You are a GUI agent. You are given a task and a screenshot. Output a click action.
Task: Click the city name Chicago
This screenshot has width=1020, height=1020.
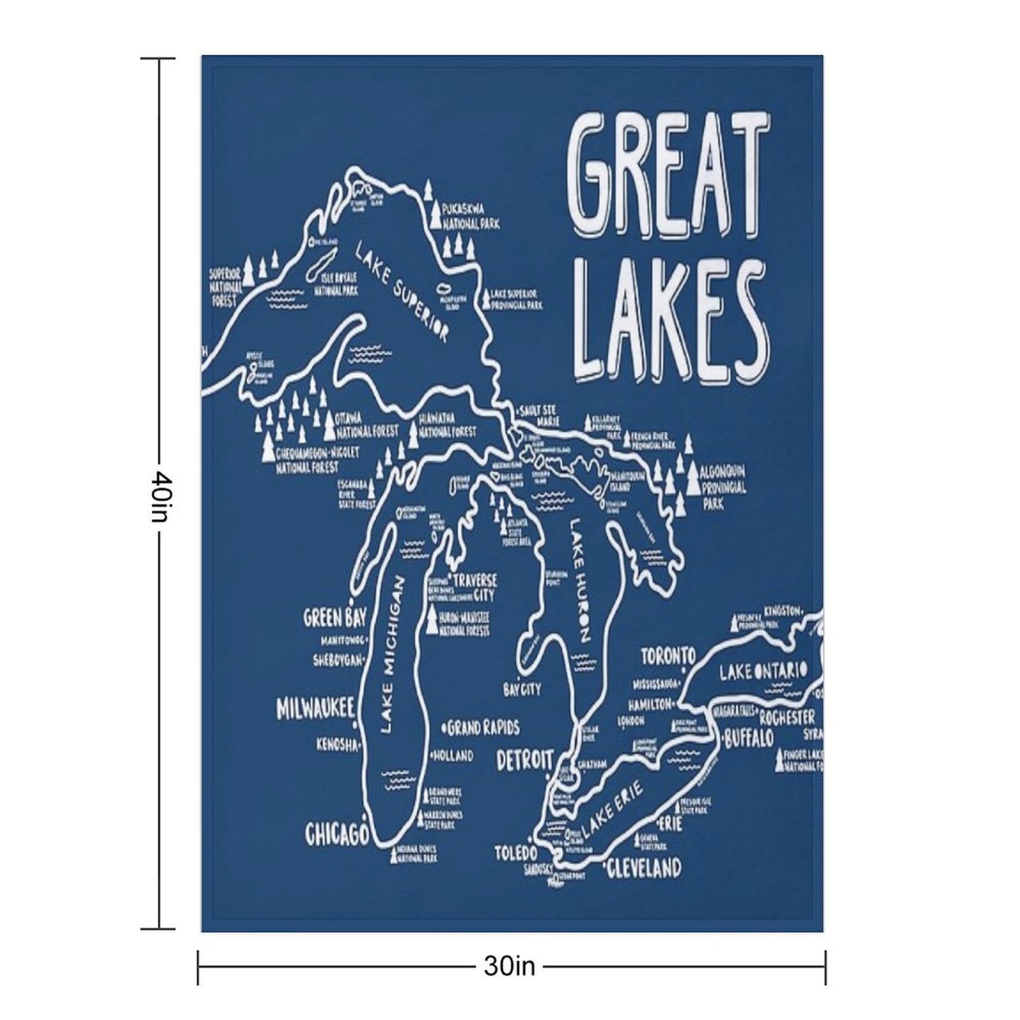[x=336, y=834]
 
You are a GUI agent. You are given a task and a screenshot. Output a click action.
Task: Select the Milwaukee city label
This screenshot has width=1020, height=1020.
[x=314, y=709]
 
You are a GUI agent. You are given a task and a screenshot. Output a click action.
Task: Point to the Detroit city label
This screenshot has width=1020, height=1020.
[x=524, y=761]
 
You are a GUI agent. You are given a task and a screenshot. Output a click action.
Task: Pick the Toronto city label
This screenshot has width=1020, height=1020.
[x=668, y=656]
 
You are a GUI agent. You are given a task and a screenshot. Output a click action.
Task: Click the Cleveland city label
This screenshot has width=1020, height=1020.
[x=643, y=868]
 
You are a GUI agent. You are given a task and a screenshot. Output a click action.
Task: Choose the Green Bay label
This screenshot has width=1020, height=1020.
[x=334, y=618]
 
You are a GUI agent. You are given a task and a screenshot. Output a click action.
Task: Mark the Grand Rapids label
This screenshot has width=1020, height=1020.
[x=483, y=727]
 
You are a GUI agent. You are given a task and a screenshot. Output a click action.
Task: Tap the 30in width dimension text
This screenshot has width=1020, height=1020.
[x=510, y=966]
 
